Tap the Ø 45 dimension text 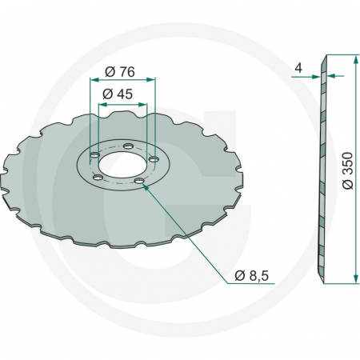[121, 93]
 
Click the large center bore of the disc [121, 166]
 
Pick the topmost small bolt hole [128, 146]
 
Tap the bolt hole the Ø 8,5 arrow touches [140, 182]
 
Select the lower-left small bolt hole [98, 177]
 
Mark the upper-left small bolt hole [96, 152]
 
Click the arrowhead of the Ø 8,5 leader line [146, 186]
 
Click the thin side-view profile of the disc [322, 168]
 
